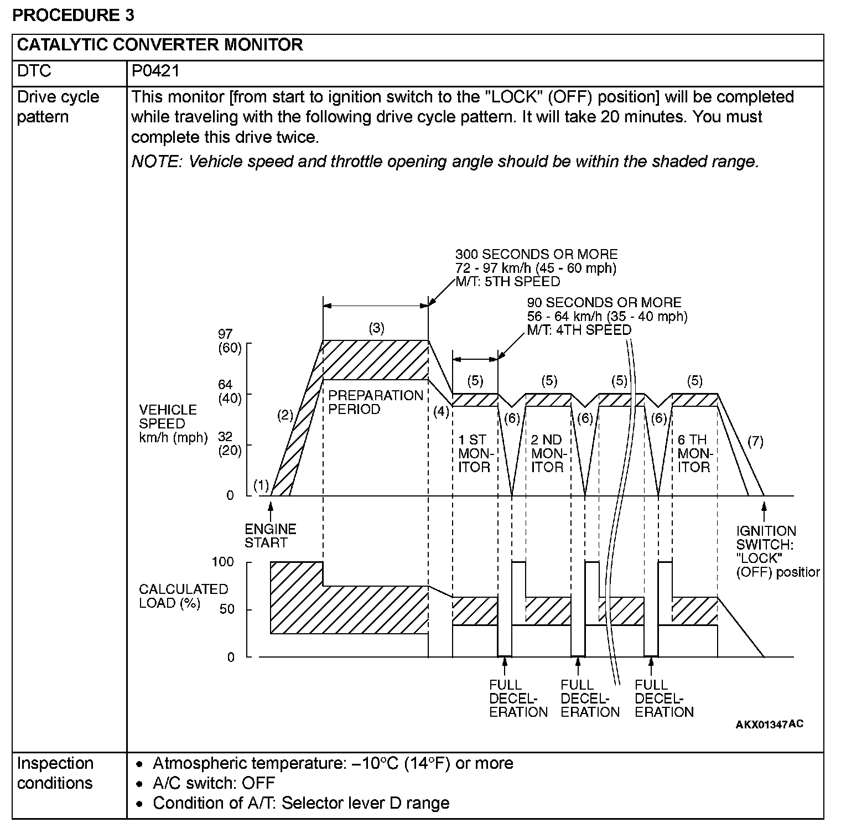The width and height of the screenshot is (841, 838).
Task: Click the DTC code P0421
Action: pos(155,71)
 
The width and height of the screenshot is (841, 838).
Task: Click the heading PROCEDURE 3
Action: pos(73,15)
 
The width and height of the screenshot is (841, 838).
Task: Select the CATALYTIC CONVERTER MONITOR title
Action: pos(160,45)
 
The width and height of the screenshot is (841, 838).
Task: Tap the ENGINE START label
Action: pos(270,536)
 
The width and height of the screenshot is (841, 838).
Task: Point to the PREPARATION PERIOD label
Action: pos(376,402)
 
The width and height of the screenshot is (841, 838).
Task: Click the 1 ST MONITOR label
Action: pos(474,454)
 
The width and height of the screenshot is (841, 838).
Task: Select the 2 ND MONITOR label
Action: pos(547,454)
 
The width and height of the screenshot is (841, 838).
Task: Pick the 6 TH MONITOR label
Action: pos(693,454)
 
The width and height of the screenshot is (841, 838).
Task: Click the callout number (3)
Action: pos(376,328)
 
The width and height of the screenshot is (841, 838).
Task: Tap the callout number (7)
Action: pos(755,441)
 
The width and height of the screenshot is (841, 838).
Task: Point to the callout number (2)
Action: pos(285,416)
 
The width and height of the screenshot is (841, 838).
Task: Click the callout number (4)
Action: pos(441,412)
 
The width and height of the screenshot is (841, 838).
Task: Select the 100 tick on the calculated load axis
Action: pos(223,562)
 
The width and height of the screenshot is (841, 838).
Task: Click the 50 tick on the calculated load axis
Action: pos(227,609)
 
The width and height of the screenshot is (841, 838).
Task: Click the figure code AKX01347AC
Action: pos(769,725)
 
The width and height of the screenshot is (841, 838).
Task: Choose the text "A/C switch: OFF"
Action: pos(214,783)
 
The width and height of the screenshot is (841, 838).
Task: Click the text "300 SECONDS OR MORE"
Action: pos(536,255)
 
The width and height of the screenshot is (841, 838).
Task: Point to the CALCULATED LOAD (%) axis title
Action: pos(183,596)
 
